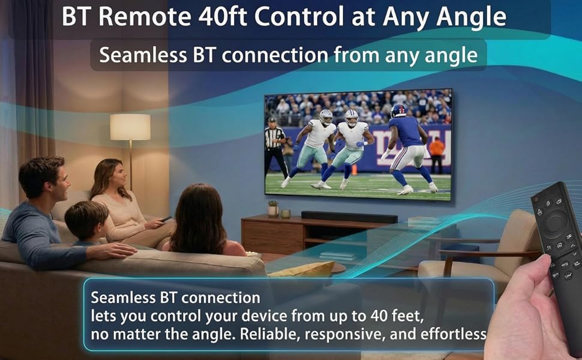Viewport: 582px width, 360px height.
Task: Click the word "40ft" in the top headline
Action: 220,17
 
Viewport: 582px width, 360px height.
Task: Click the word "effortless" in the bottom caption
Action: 456,334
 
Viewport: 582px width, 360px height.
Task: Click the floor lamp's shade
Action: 130,127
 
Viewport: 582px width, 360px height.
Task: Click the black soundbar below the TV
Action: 349,217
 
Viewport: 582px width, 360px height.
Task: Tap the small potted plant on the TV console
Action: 273,208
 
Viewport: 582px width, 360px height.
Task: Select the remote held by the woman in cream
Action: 165,219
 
